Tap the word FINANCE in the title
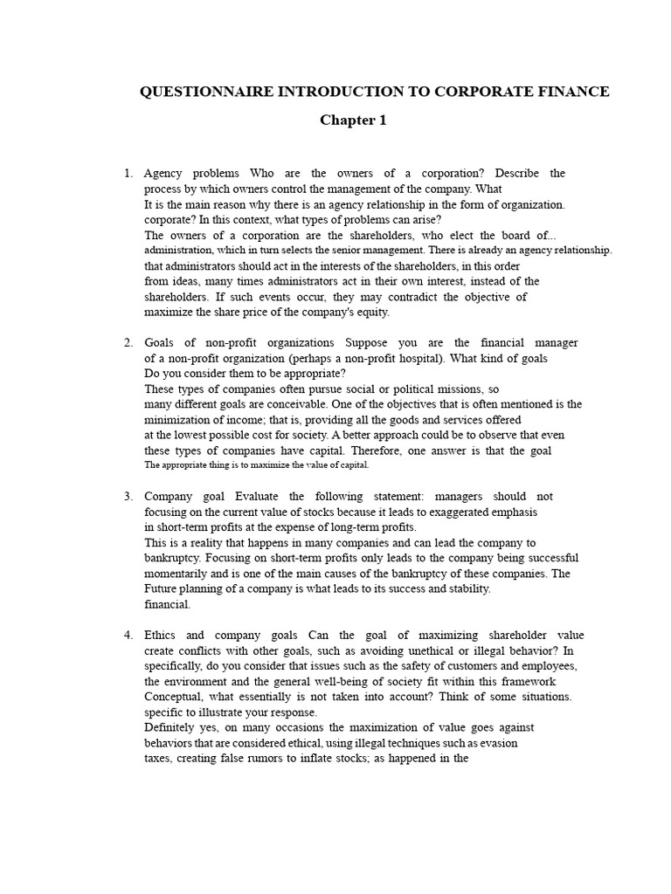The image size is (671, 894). click(x=577, y=92)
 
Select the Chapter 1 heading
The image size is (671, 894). click(x=352, y=120)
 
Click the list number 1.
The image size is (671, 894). click(x=128, y=174)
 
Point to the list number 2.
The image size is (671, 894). click(x=128, y=342)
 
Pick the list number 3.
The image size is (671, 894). click(x=128, y=496)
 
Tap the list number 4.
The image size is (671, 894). click(x=128, y=635)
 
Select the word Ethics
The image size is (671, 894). click(x=162, y=635)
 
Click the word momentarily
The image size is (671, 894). click(x=179, y=573)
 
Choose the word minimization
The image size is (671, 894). click(x=178, y=420)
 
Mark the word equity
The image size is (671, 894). click(x=370, y=312)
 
